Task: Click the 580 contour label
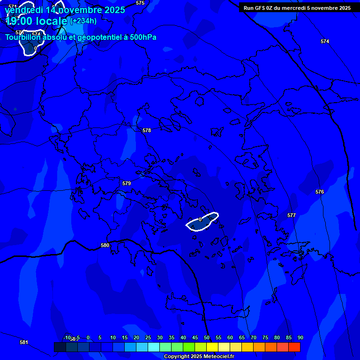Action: tap(105, 245)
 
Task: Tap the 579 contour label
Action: tap(127, 183)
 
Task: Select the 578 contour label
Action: tap(147, 130)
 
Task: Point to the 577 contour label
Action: tap(292, 215)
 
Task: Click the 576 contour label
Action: tap(320, 192)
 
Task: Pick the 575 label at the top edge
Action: tap(140, 3)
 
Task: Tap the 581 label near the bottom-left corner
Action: tap(24, 342)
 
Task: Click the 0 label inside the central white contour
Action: tap(200, 219)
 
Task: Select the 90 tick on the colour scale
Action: tap(300, 337)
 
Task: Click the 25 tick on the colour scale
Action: tap(148, 337)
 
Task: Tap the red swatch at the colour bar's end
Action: tap(294, 347)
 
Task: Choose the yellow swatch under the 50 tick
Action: tap(212, 347)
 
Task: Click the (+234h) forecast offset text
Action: tap(83, 21)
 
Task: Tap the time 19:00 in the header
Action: tap(21, 21)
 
